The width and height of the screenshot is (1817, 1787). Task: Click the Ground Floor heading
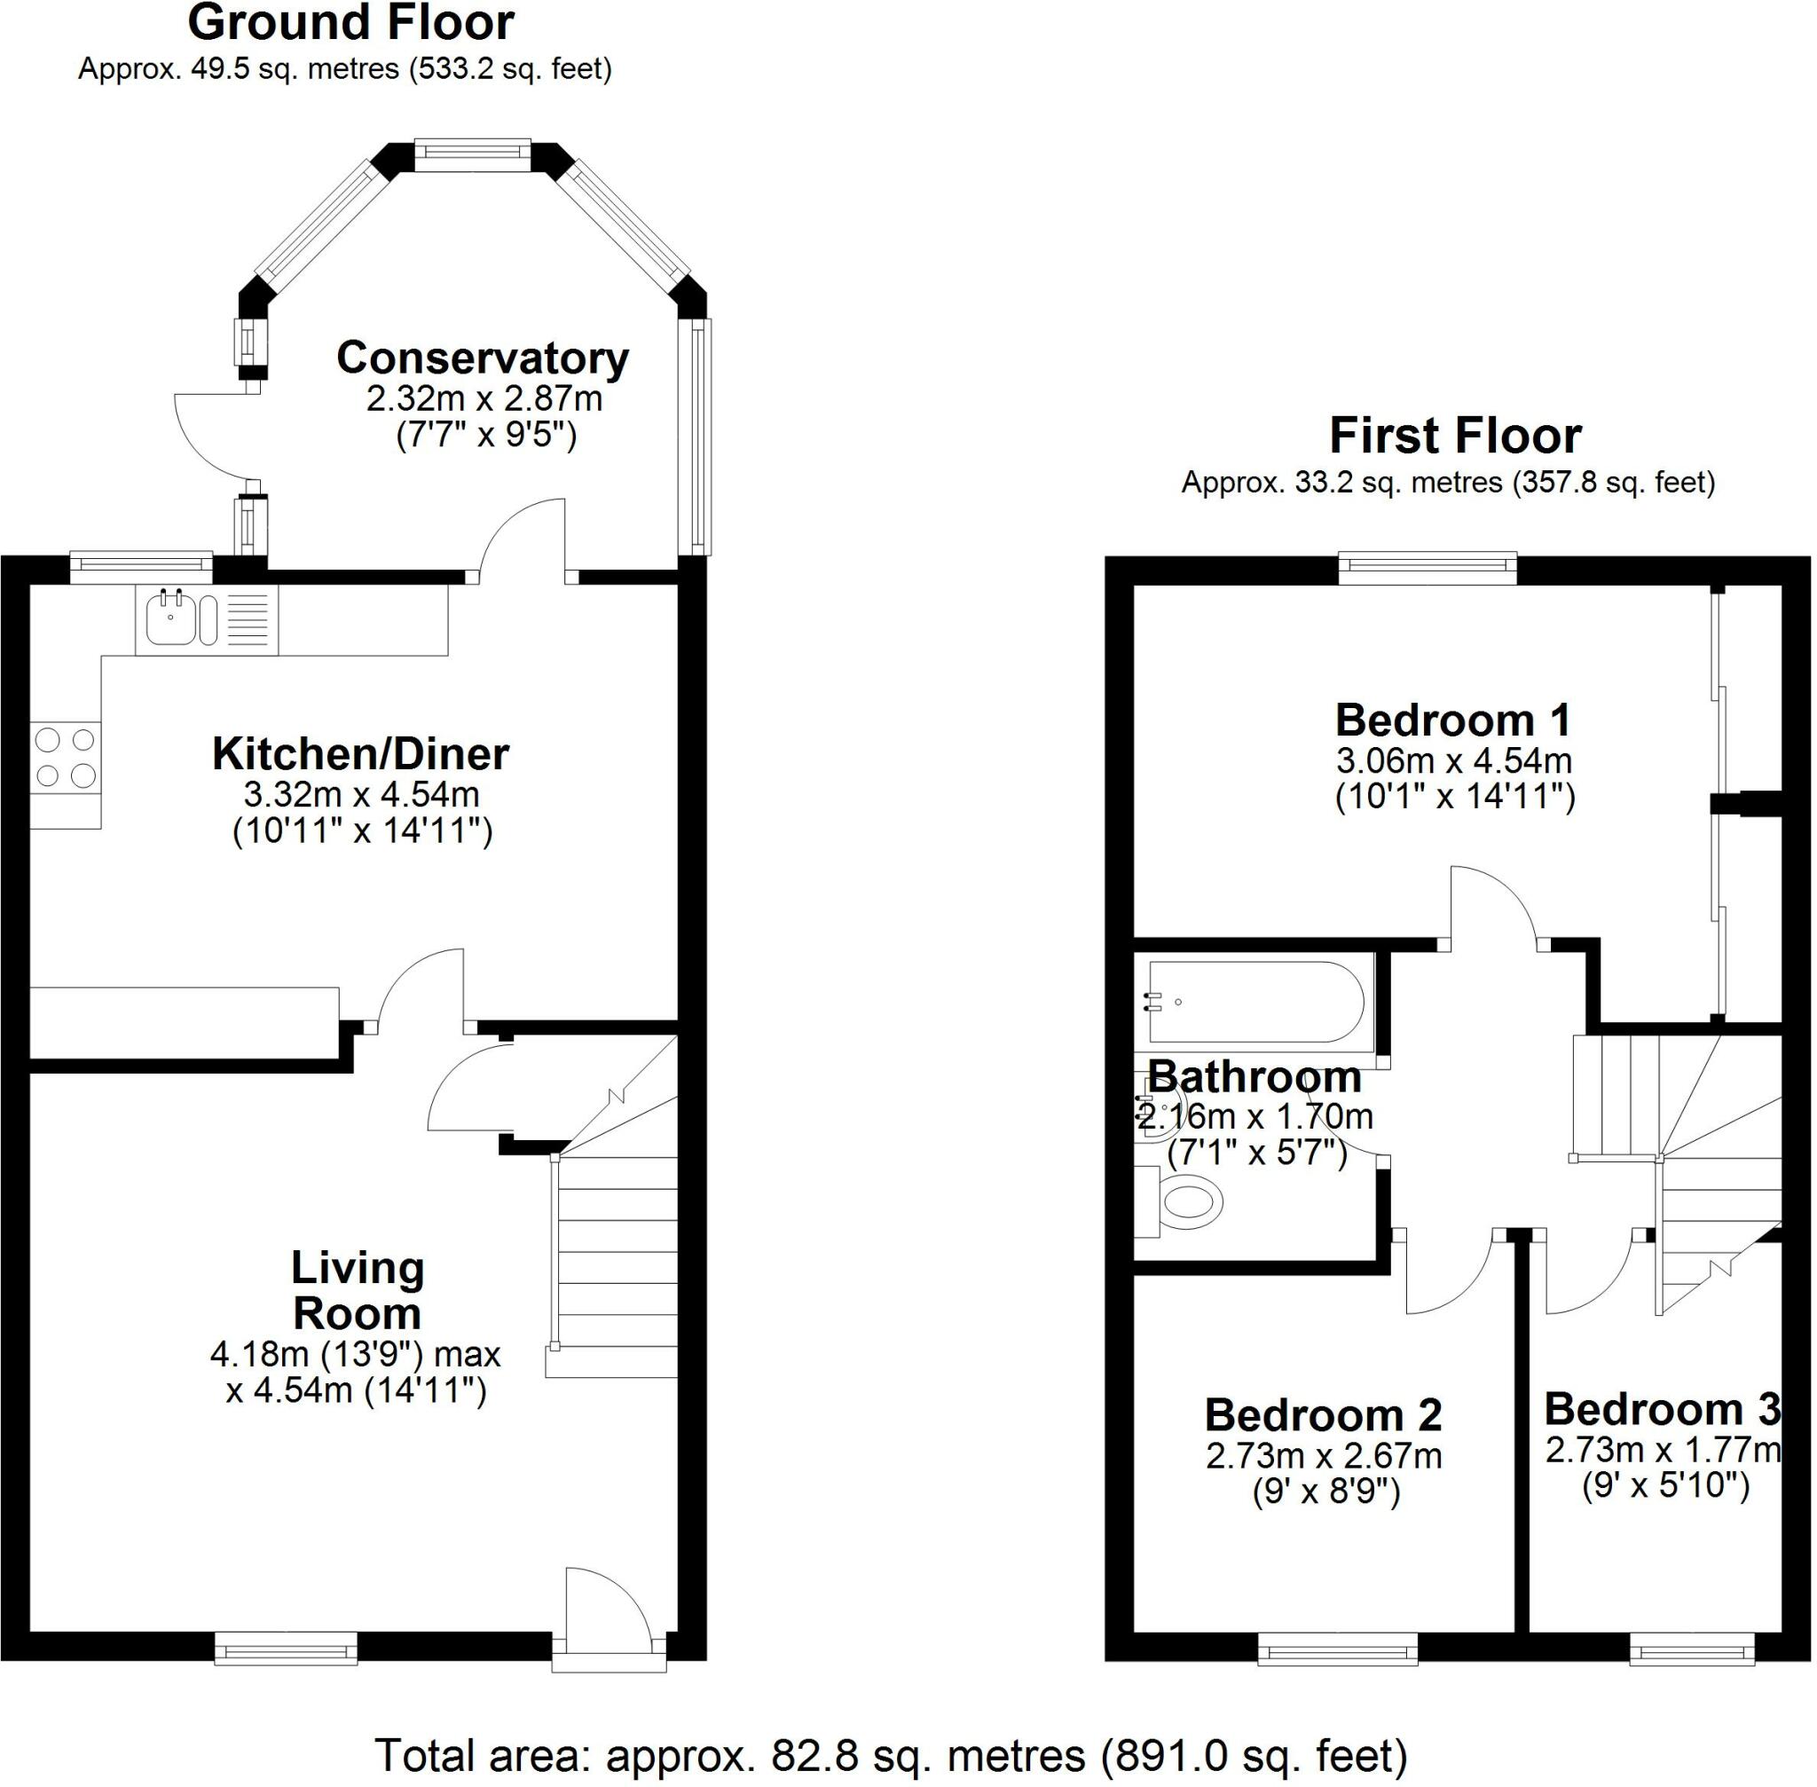tap(350, 22)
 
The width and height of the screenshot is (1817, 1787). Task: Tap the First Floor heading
tap(1456, 437)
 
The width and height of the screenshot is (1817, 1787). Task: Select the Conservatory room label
tap(483, 358)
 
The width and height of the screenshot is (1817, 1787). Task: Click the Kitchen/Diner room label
tap(360, 753)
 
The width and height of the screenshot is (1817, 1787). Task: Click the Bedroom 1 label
tap(1454, 720)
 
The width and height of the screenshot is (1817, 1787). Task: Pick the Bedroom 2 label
tap(1324, 1415)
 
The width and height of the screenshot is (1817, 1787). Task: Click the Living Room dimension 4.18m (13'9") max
tap(356, 1354)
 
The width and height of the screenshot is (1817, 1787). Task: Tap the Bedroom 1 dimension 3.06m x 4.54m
tap(1454, 760)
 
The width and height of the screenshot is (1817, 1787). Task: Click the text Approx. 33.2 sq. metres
tap(1341, 483)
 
